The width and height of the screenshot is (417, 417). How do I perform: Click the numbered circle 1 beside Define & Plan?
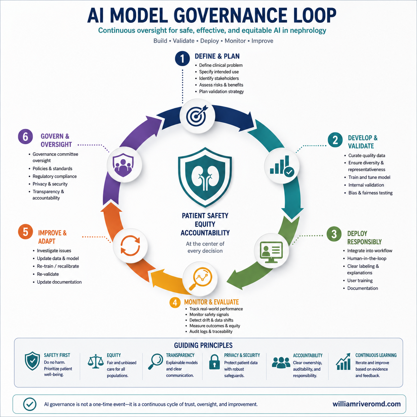click(183, 59)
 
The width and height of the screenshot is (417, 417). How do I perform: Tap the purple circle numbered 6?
click(26, 137)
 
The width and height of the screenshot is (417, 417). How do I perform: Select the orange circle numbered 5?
click(26, 231)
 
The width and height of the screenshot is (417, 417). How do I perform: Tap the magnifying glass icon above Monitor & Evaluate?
click(200, 279)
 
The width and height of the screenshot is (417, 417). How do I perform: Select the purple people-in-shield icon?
click(123, 165)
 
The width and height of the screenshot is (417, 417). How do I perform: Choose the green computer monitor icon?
click(271, 252)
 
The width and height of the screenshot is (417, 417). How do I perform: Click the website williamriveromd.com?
click(366, 404)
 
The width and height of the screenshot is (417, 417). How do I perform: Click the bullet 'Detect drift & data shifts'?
click(211, 320)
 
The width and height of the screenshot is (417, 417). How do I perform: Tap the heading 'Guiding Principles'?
click(203, 345)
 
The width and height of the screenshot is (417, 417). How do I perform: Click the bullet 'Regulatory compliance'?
click(55, 176)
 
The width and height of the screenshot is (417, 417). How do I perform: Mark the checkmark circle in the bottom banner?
click(30, 404)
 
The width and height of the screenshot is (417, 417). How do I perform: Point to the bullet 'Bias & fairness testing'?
click(370, 193)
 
